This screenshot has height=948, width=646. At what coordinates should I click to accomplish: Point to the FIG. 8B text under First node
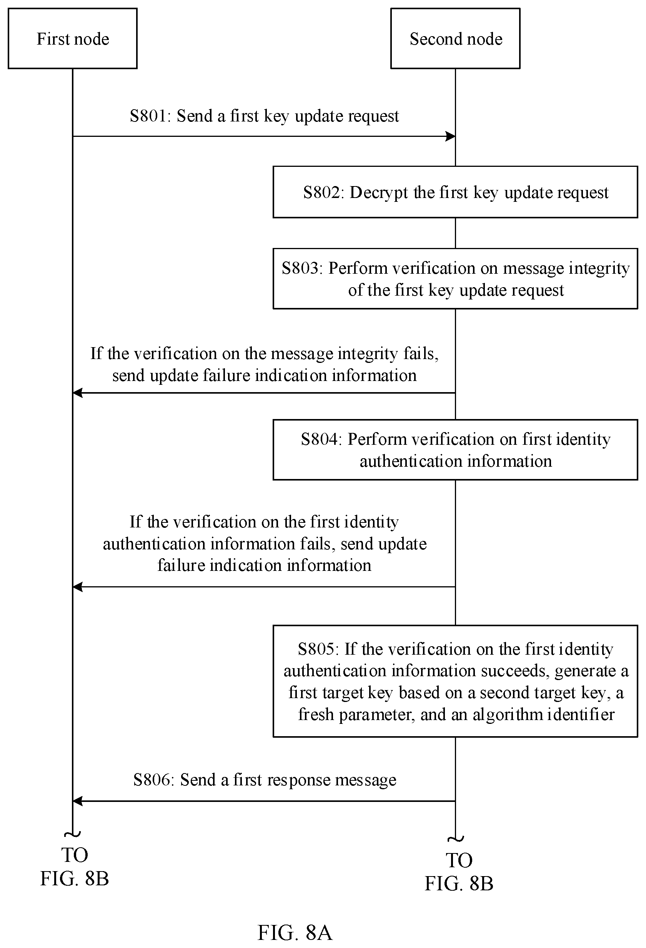coord(75,878)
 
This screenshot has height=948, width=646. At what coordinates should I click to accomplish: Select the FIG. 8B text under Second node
coord(459,883)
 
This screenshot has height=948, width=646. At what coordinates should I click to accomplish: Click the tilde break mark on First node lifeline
coord(73,834)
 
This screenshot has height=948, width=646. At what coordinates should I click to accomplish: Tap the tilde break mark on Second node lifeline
coord(456,839)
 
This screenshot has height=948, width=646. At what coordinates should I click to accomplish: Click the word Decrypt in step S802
coord(379,193)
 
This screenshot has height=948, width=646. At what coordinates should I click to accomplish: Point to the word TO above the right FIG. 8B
coord(459,860)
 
